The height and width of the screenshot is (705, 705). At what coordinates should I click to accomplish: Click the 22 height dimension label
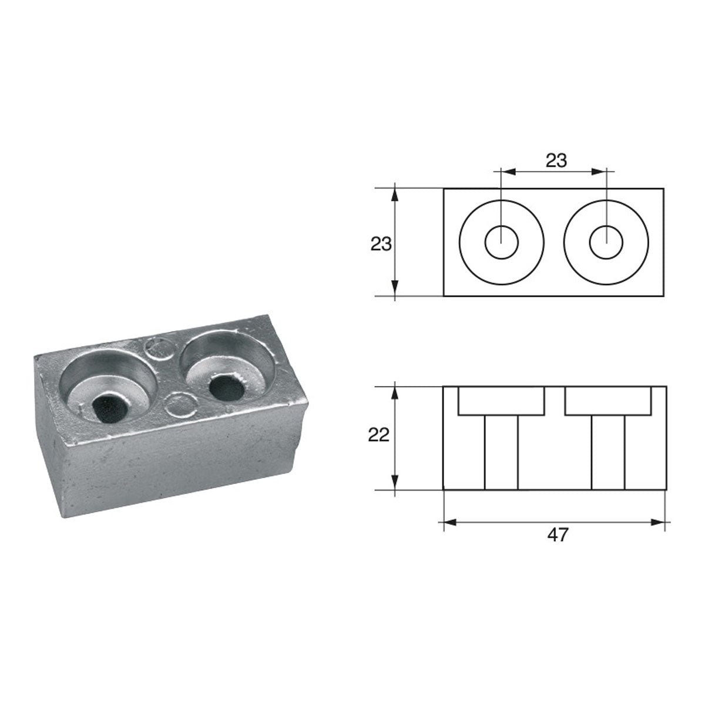tap(379, 435)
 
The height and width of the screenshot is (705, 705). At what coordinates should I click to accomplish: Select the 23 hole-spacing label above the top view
tap(556, 160)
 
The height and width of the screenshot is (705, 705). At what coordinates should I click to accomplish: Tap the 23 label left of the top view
tap(381, 244)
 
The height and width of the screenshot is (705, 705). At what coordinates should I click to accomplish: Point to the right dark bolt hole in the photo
tap(227, 389)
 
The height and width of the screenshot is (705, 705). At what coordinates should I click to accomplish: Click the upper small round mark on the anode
tap(157, 349)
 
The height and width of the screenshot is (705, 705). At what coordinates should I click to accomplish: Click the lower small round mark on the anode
tap(179, 405)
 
